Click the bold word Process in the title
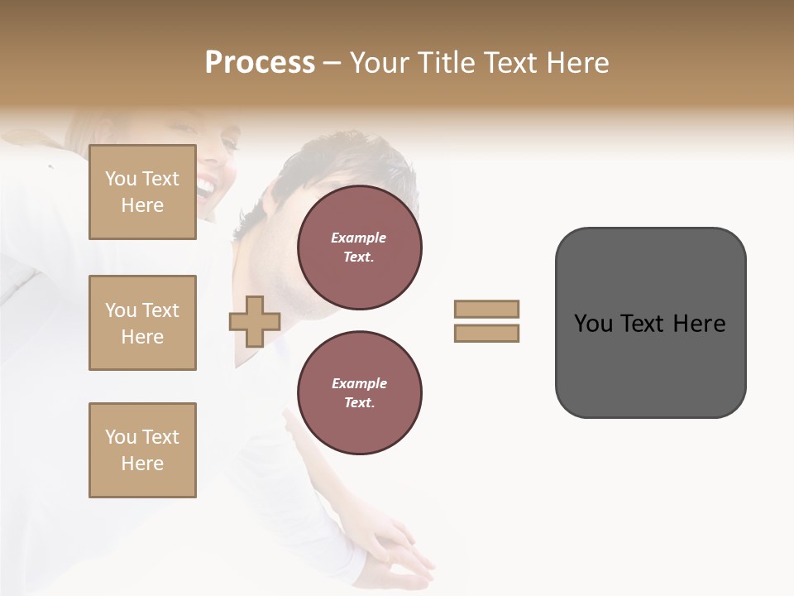(x=260, y=63)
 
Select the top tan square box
(x=142, y=192)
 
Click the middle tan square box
(x=142, y=323)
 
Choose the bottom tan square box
(x=142, y=449)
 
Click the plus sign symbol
(x=255, y=321)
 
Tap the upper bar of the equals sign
(x=486, y=309)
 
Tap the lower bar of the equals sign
(x=486, y=333)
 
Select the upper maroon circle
(x=359, y=248)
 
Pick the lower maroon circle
(x=359, y=392)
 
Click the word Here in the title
(x=576, y=63)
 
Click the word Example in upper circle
(x=359, y=238)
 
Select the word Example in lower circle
(x=359, y=383)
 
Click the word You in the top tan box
(x=121, y=179)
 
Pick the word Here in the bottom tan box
(x=142, y=464)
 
